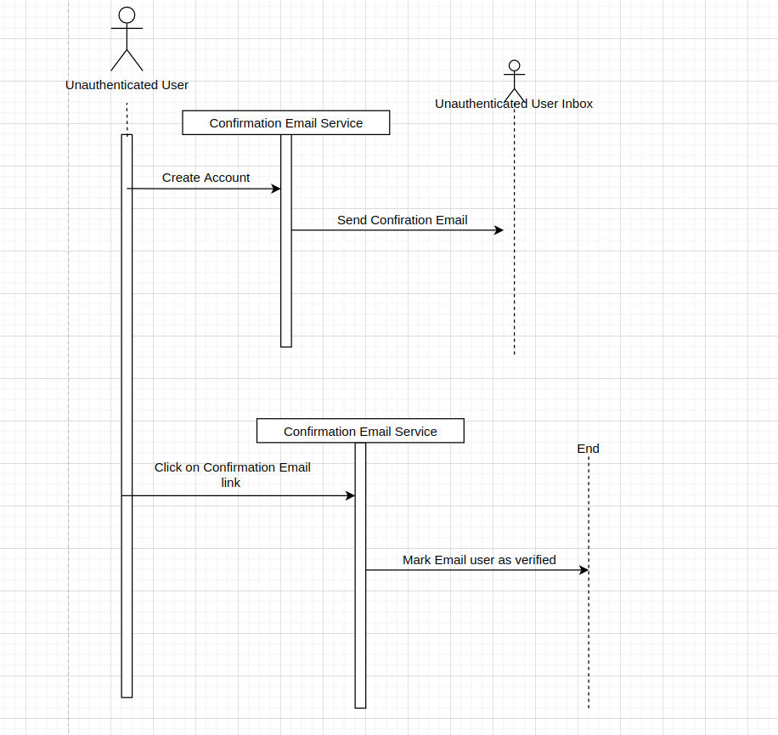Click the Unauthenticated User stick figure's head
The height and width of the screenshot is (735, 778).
pos(127,15)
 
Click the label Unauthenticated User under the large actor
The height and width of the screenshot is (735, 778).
pos(127,85)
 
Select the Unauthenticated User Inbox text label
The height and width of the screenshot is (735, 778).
pos(513,104)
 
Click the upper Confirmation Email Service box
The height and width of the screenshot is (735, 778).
pos(285,123)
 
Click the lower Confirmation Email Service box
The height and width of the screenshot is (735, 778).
pos(360,432)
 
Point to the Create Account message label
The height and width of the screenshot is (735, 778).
pos(206,178)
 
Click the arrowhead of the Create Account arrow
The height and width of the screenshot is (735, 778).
pos(276,189)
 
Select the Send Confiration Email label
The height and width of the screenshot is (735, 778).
pos(402,220)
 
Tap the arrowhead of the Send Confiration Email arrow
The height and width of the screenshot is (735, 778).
pos(499,230)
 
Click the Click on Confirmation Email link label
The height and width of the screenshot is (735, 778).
pos(232,475)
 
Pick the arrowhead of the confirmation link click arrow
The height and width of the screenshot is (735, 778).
pos(350,495)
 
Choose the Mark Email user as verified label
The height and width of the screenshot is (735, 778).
pos(479,560)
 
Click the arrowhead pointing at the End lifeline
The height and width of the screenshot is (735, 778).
pos(583,570)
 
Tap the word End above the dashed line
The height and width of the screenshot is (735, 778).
pos(588,449)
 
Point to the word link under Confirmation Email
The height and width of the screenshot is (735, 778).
pos(231,483)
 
